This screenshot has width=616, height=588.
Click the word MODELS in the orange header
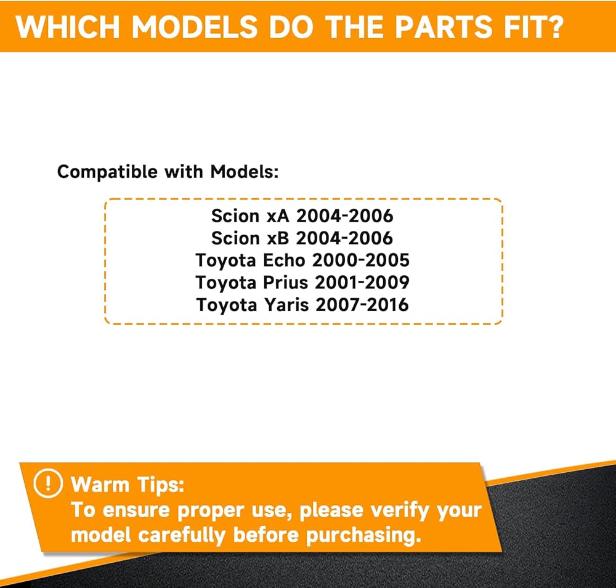point(195,27)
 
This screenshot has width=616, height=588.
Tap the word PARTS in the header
point(443,27)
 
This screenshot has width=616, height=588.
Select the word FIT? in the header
point(533,27)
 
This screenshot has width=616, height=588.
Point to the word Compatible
point(107,172)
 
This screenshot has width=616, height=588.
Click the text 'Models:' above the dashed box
point(245,172)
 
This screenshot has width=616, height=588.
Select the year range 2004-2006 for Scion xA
point(344,216)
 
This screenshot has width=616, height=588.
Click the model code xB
point(278,238)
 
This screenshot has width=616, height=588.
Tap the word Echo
point(284,260)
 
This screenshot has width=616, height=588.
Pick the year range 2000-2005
point(360,260)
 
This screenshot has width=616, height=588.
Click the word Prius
point(286,283)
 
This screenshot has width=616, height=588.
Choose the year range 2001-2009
point(362,283)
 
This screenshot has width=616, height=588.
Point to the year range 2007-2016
point(362,305)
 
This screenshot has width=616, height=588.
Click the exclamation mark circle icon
point(48,483)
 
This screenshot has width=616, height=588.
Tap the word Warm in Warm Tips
point(100,485)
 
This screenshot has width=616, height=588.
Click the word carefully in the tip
point(182,536)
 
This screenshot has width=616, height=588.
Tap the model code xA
point(278,216)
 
